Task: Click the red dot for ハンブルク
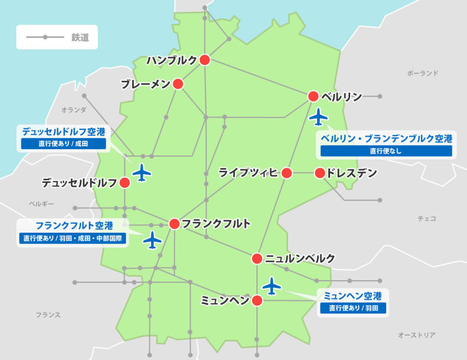click(205, 60)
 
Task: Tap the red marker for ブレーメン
click(178, 84)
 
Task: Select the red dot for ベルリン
click(313, 96)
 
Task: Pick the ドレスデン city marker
click(320, 173)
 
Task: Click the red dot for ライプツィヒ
click(287, 173)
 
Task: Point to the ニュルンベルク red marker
click(257, 258)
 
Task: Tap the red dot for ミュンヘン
click(257, 301)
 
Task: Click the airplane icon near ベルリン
click(318, 117)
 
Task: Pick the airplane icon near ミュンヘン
click(272, 285)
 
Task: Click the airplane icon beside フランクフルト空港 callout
click(152, 240)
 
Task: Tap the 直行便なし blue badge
click(386, 151)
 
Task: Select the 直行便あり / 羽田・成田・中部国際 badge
click(72, 238)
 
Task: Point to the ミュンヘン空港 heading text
click(353, 296)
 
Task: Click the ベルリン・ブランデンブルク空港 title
click(386, 138)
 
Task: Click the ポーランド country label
click(423, 74)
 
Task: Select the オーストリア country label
click(416, 335)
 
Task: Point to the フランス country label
click(48, 315)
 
